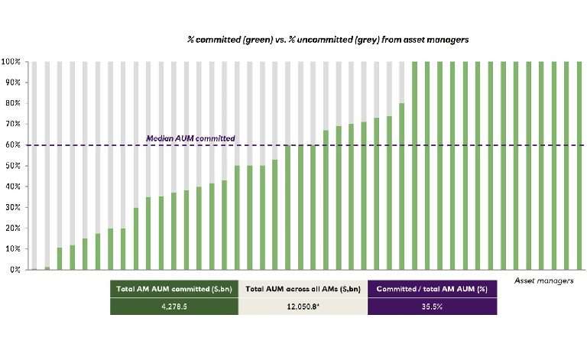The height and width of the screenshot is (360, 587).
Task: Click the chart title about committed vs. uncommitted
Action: [329, 38]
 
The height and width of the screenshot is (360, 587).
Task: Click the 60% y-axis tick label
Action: [15, 144]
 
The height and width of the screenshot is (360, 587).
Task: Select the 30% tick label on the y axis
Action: [15, 207]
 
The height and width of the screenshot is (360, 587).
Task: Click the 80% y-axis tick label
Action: [15, 103]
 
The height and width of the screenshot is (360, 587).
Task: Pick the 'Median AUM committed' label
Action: [190, 138]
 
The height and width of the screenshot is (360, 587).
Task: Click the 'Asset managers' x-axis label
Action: [544, 281]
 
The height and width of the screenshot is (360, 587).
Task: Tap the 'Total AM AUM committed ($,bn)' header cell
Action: [174, 289]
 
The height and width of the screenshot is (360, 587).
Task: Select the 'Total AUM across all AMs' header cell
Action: [303, 289]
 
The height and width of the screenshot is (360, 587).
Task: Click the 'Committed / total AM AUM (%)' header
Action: [433, 289]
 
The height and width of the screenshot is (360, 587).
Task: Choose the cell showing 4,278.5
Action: [174, 306]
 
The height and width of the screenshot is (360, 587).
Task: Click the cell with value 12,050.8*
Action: [303, 306]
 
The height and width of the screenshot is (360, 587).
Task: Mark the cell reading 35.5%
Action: [433, 306]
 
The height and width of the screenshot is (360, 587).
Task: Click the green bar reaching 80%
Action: [402, 187]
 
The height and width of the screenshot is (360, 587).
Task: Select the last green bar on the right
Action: [579, 165]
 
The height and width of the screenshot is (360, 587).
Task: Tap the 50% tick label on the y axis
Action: [15, 166]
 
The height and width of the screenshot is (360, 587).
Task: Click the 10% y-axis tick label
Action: [15, 249]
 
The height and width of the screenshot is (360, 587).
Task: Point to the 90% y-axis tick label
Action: [15, 83]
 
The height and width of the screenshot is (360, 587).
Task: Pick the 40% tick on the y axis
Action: [15, 186]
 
